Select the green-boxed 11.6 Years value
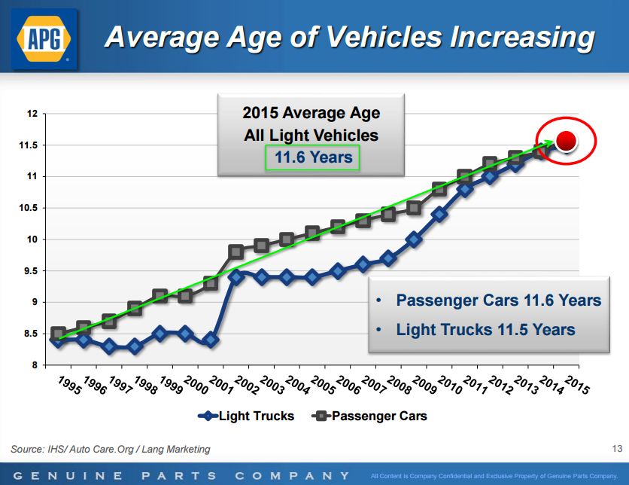pyautogui.click(x=312, y=157)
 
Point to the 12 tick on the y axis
pyautogui.click(x=32, y=114)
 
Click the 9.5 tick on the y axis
pyautogui.click(x=30, y=270)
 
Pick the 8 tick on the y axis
pyautogui.click(x=34, y=365)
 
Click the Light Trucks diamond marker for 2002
pyautogui.click(x=235, y=277)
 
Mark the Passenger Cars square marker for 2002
pyautogui.click(x=236, y=252)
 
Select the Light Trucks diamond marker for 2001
pyautogui.click(x=211, y=340)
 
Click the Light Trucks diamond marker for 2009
pyautogui.click(x=414, y=239)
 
